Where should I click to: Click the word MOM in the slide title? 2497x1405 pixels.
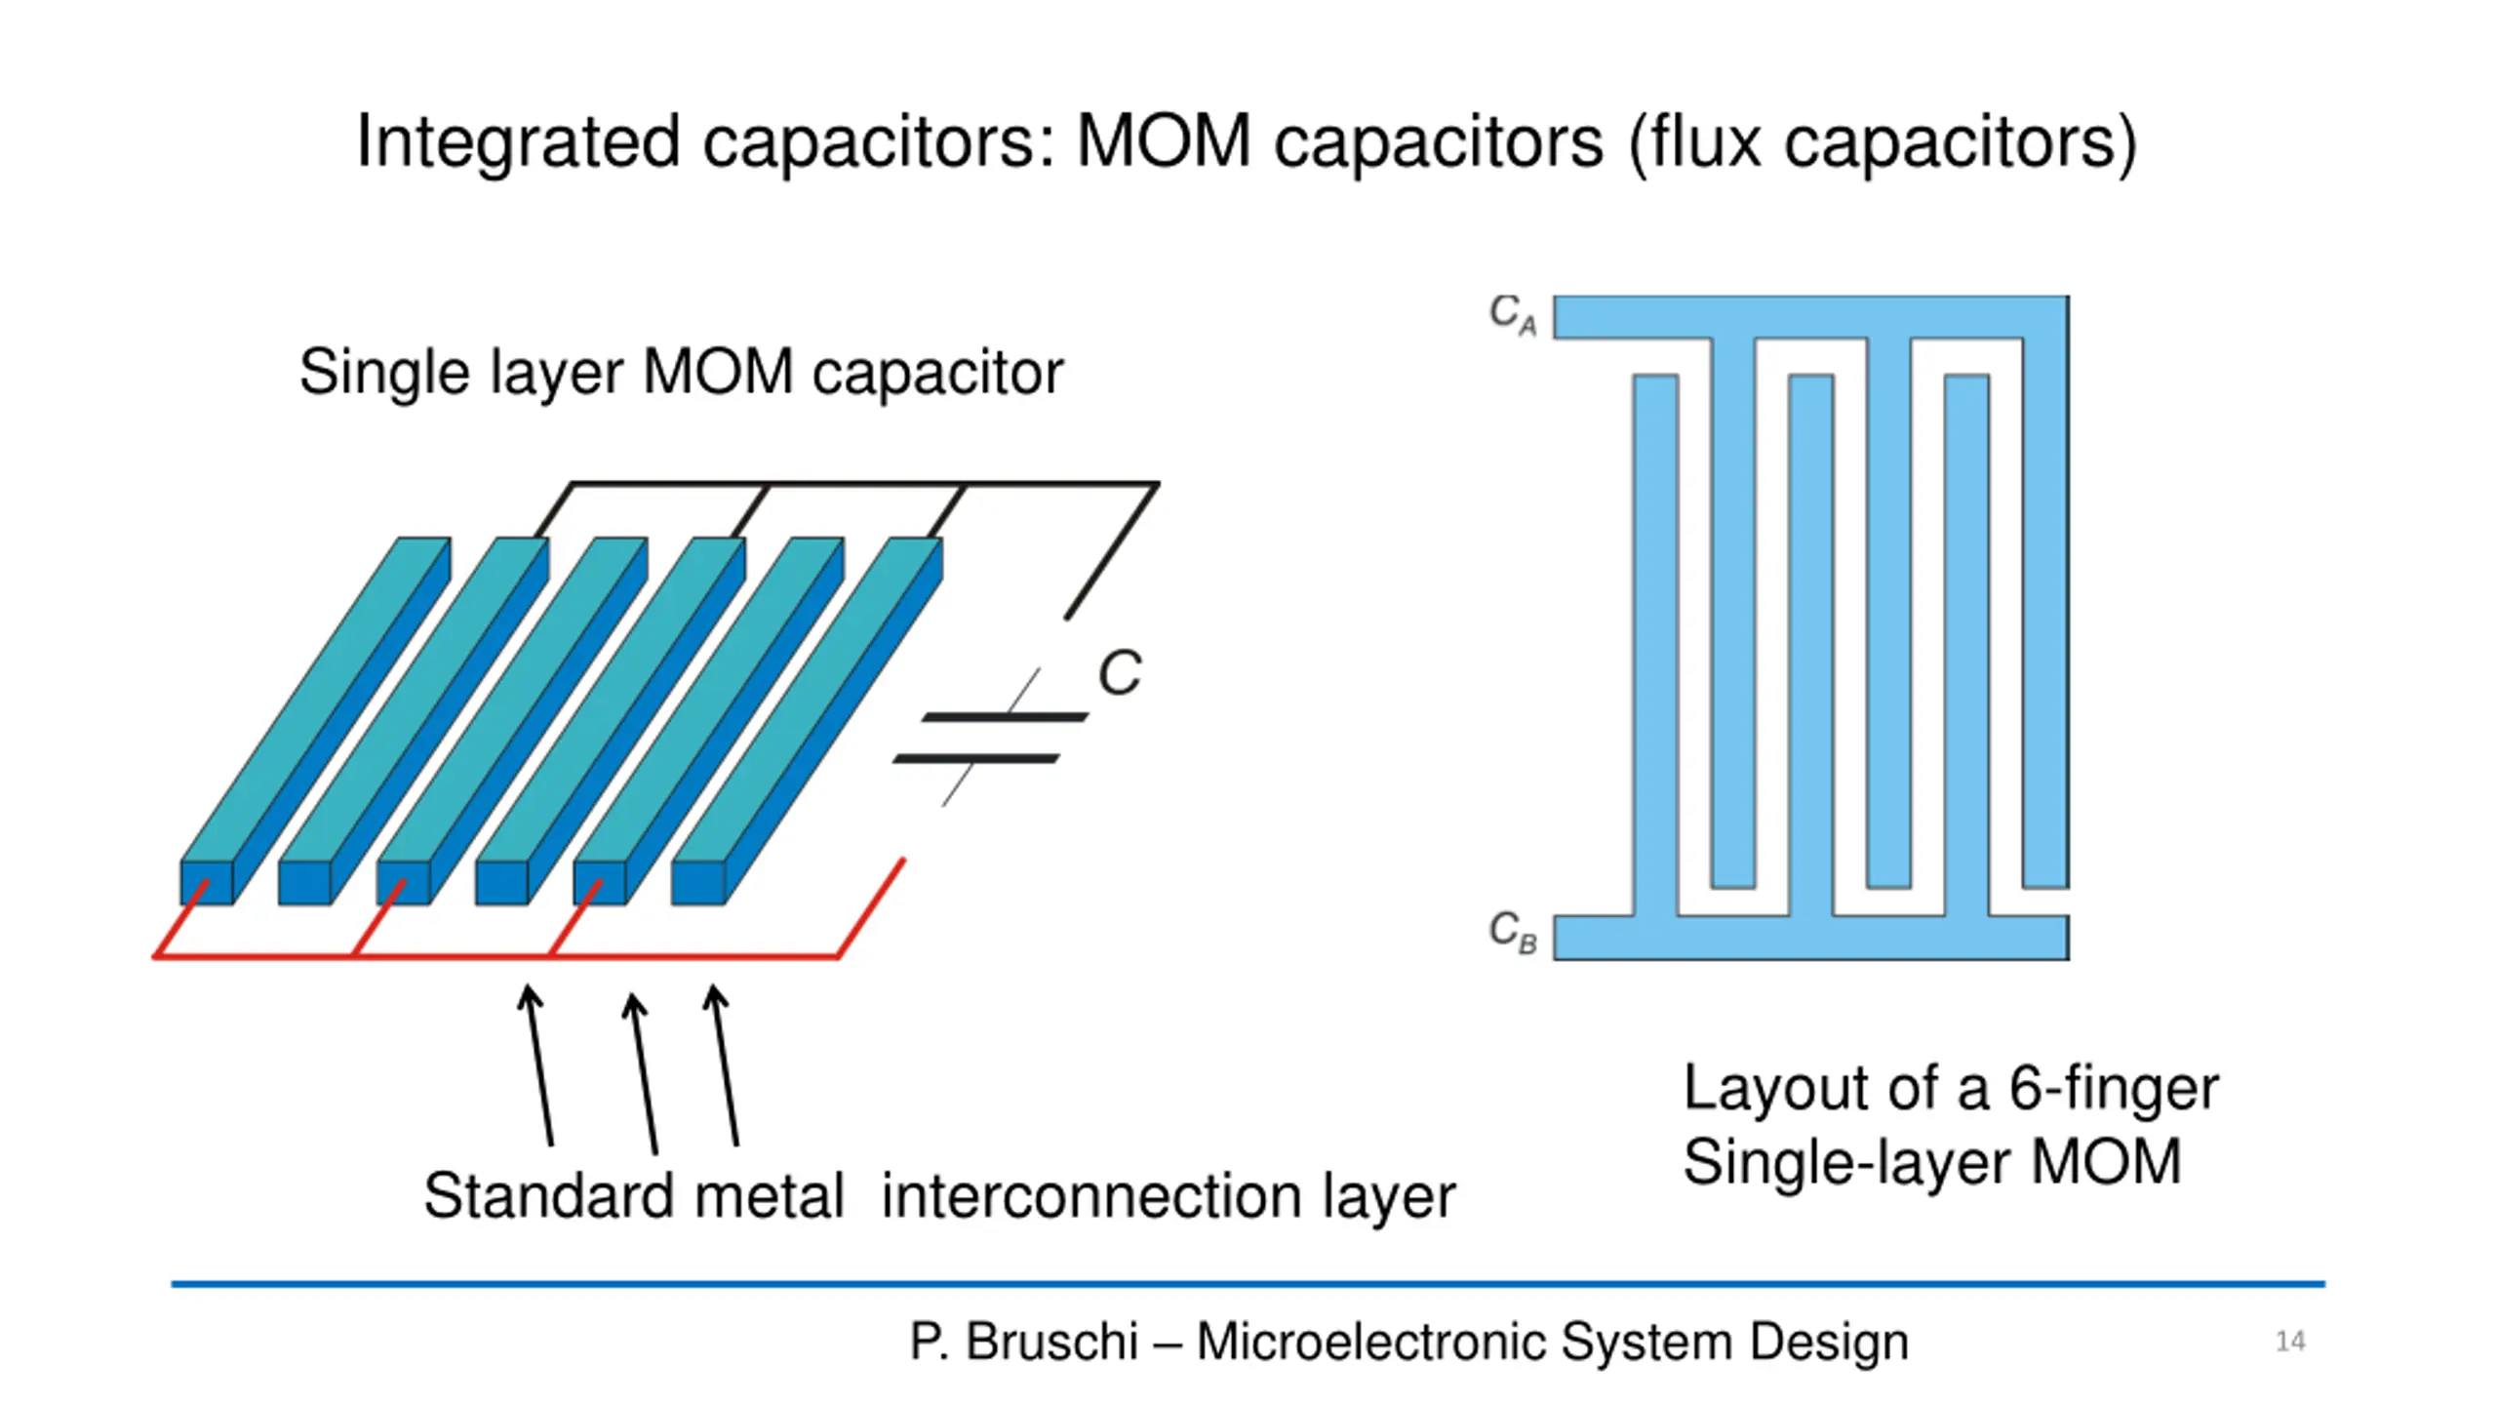click(x=1163, y=142)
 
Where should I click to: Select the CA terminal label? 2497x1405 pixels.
click(x=1512, y=314)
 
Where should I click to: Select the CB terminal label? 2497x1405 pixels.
click(x=1512, y=931)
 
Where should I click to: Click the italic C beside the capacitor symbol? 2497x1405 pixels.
click(x=1119, y=673)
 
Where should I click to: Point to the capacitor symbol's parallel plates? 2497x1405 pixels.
click(x=990, y=738)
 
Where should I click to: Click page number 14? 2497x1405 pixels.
click(x=2290, y=1342)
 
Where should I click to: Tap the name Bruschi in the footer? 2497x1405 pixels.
click(x=1051, y=1342)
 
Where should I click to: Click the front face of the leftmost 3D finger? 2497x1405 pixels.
click(x=206, y=883)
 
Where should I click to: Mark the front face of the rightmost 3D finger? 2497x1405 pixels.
click(x=697, y=883)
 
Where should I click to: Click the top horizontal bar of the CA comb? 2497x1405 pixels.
click(x=1809, y=317)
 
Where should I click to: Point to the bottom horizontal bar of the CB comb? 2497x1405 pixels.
click(x=1809, y=938)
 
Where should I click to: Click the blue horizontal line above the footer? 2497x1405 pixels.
click(x=1248, y=1284)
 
